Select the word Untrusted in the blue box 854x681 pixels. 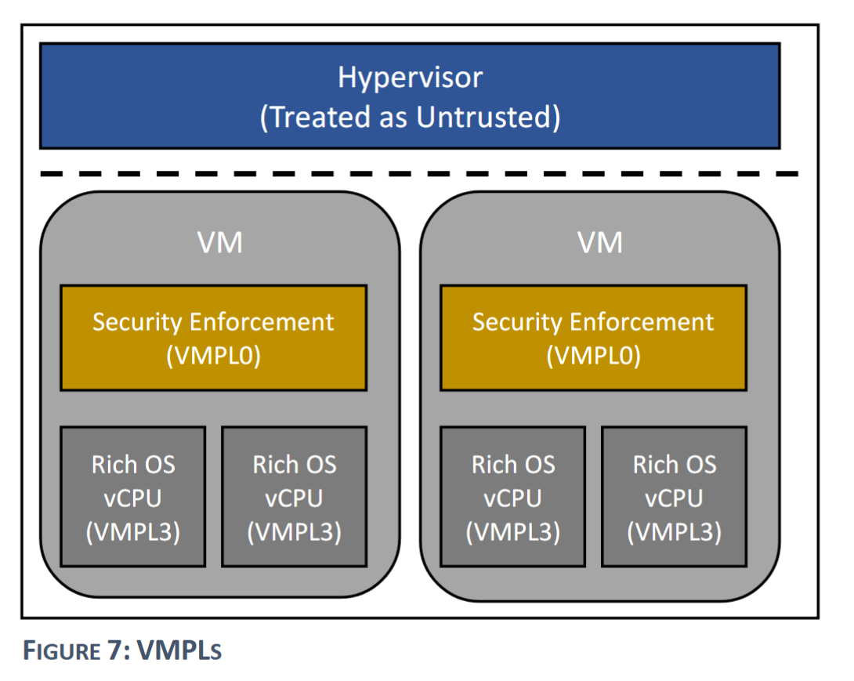click(x=487, y=117)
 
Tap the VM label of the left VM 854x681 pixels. click(x=220, y=242)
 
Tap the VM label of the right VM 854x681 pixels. click(x=600, y=242)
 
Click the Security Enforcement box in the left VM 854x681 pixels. click(x=213, y=337)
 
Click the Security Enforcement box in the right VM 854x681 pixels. click(x=593, y=337)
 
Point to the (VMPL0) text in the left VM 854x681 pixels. click(x=213, y=356)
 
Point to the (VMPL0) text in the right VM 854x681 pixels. click(x=593, y=356)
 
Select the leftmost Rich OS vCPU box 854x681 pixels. click(x=133, y=497)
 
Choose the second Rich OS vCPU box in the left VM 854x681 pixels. click(x=294, y=497)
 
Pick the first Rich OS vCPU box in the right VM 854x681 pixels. click(x=512, y=497)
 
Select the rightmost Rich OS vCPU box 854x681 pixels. click(x=674, y=497)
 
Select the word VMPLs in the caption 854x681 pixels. click(x=181, y=651)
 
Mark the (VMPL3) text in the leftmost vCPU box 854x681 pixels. click(x=133, y=531)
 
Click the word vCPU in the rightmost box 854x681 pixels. click(x=674, y=498)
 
